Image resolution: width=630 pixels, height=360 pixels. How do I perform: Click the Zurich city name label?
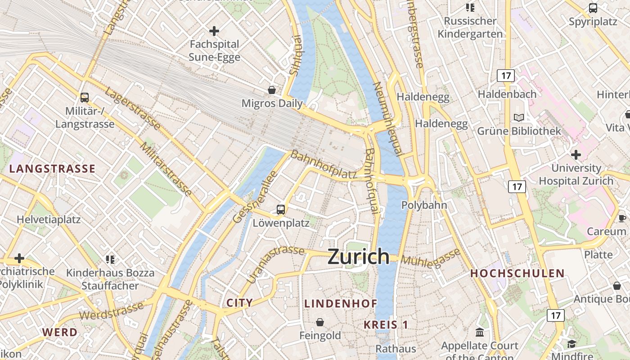(x=358, y=256)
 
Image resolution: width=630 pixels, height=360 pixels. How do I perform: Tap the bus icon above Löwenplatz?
(x=281, y=209)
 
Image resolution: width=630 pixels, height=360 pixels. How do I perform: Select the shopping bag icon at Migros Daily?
(x=272, y=90)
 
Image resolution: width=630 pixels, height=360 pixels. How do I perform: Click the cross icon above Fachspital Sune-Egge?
(x=214, y=31)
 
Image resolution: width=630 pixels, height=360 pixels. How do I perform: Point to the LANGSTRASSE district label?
(x=52, y=169)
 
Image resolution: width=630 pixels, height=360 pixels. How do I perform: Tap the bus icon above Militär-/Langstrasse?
(x=84, y=97)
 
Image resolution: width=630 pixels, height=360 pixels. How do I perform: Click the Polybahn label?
(x=424, y=205)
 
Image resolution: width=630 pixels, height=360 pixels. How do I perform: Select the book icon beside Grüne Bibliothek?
(x=519, y=117)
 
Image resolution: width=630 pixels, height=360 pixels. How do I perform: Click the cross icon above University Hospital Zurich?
(x=576, y=155)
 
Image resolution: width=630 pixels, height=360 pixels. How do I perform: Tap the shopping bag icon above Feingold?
(x=320, y=322)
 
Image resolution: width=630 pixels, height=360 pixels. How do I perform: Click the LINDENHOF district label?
(x=341, y=303)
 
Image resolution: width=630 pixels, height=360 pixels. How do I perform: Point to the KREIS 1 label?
(x=386, y=324)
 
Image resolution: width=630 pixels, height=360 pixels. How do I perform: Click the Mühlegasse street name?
(x=431, y=258)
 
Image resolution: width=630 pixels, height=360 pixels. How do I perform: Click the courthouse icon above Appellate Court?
(x=480, y=333)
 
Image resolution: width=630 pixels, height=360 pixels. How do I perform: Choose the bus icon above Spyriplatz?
(x=593, y=8)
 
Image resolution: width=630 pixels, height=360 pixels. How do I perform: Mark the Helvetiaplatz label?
(x=49, y=220)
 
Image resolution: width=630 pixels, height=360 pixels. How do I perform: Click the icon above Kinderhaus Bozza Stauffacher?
(x=110, y=259)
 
